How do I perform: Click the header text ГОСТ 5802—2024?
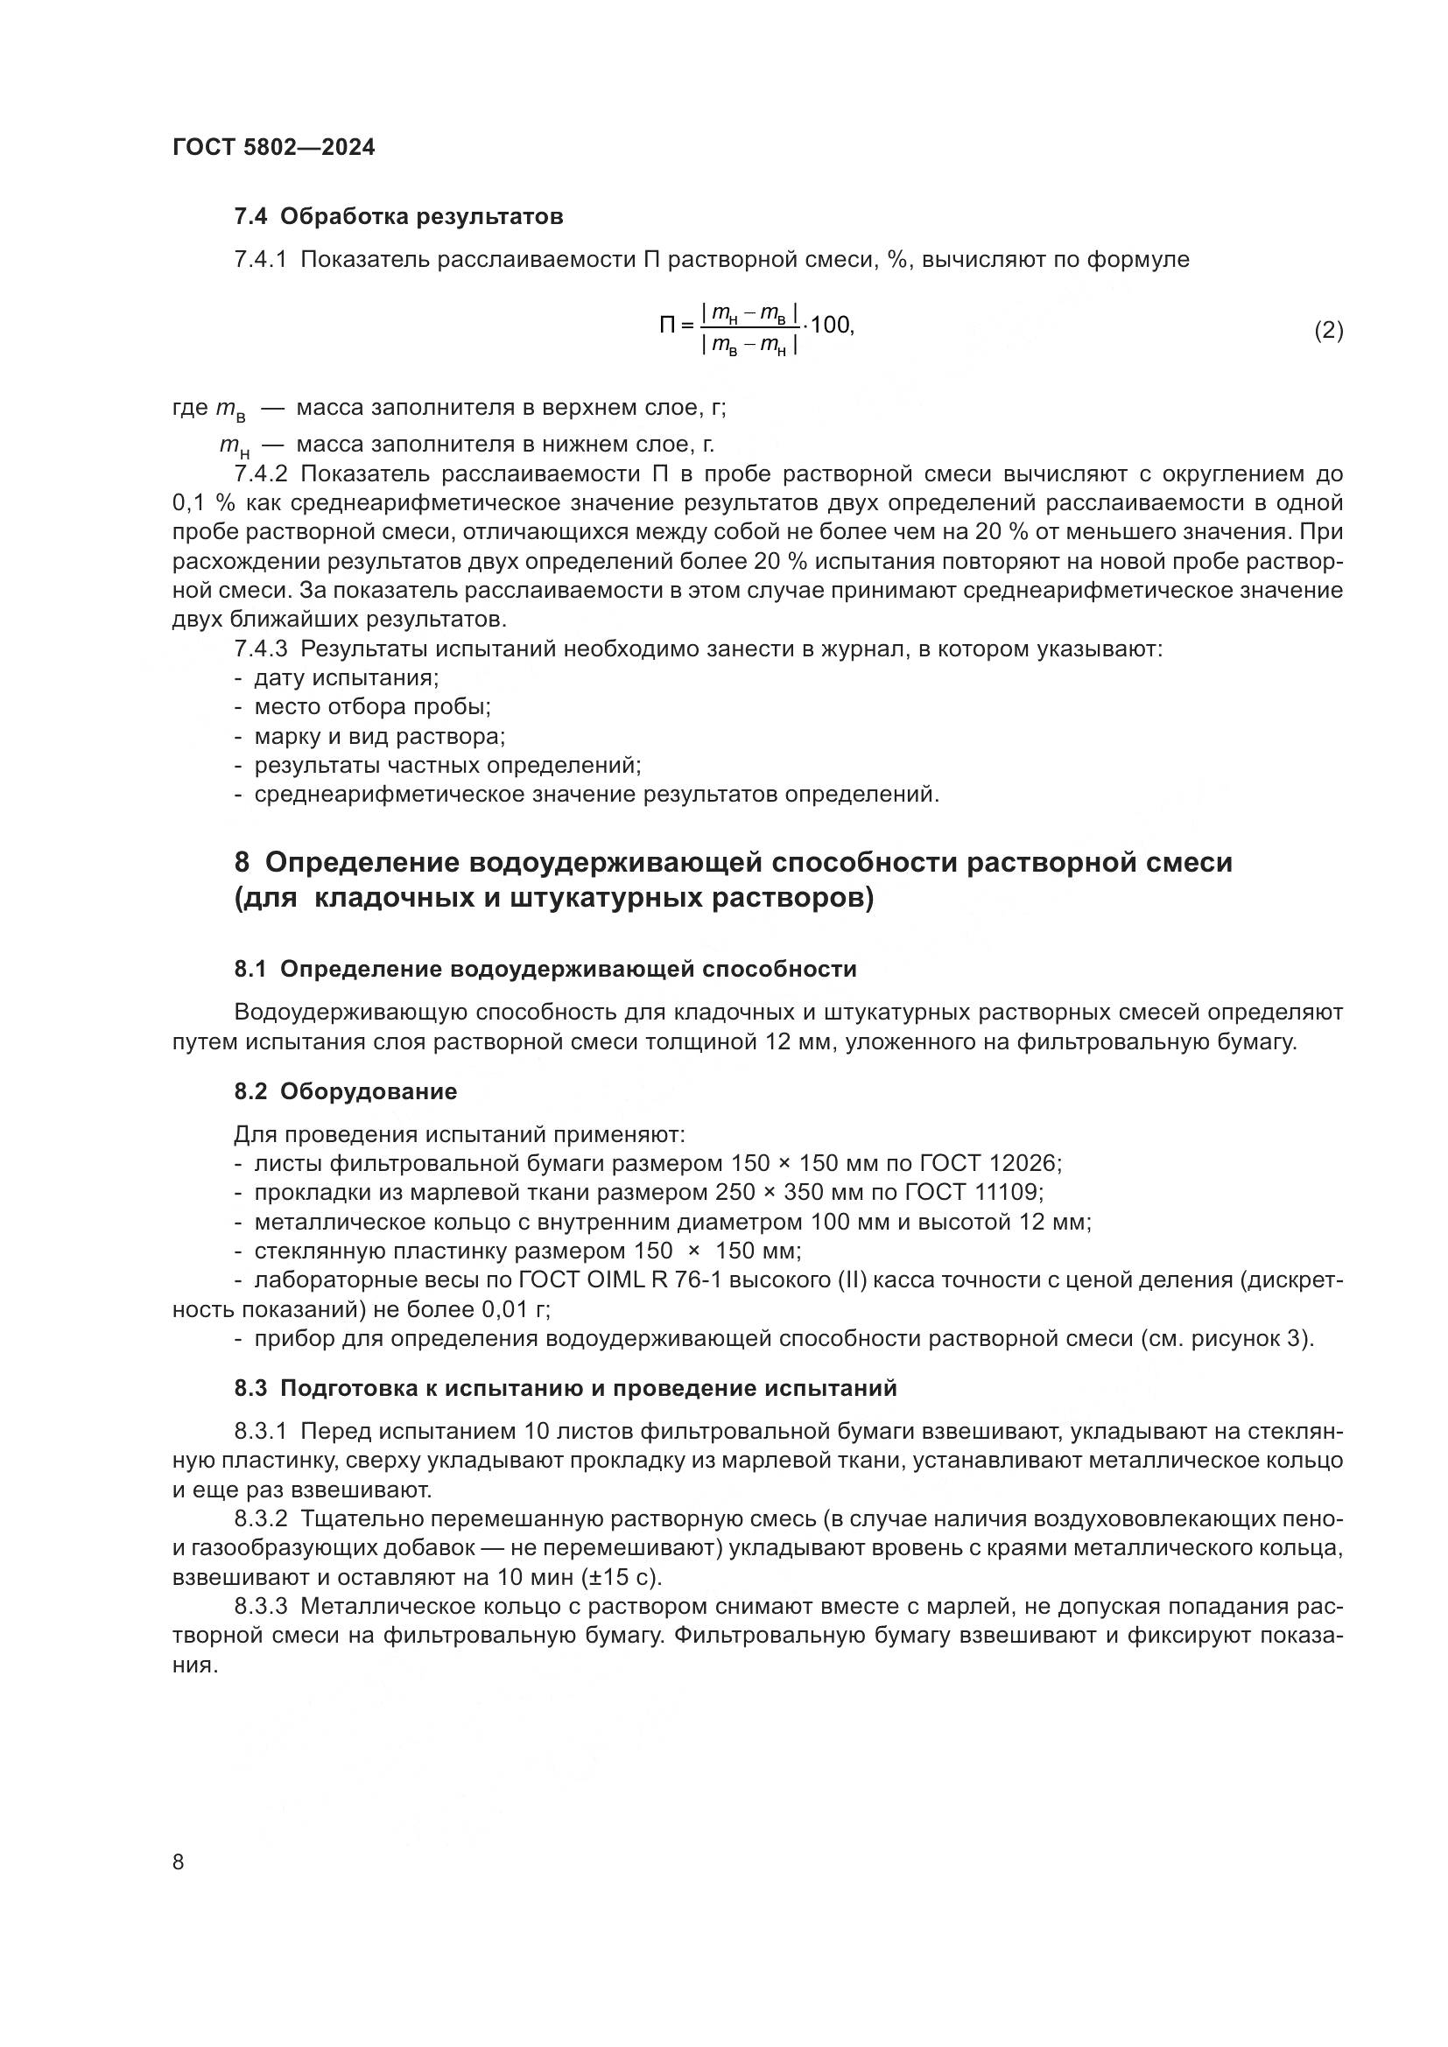(274, 148)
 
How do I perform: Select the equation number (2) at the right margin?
(1328, 331)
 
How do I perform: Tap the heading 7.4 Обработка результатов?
(398, 217)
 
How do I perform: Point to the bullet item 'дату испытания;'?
(346, 677)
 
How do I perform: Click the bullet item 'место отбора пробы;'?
(372, 707)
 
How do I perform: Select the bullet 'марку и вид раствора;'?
(379, 736)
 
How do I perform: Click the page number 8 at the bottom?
(179, 1861)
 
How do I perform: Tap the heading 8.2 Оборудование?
(346, 1091)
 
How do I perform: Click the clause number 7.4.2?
(260, 473)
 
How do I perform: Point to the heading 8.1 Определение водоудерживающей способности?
(545, 969)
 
